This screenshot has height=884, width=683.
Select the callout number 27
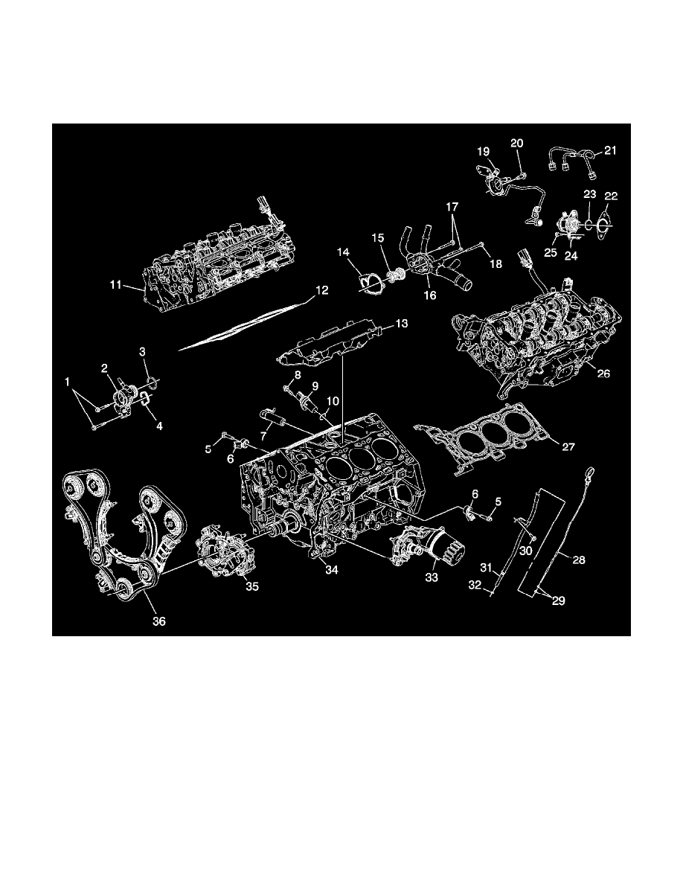(x=568, y=447)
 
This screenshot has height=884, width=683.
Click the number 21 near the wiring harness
(x=610, y=150)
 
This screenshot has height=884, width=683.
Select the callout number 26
(x=603, y=374)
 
